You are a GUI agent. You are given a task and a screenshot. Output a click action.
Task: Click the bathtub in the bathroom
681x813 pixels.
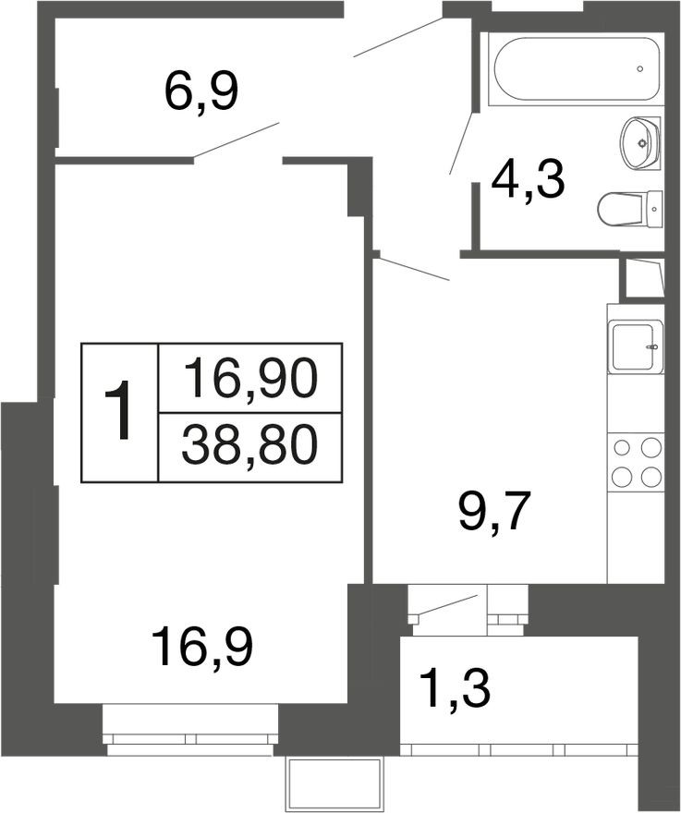pos(575,69)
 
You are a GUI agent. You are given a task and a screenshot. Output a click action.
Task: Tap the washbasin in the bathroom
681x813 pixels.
pos(639,143)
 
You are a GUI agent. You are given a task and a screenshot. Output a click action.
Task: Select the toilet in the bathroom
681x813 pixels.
pos(628,209)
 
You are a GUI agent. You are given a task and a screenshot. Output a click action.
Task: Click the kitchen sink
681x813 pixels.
pos(635,346)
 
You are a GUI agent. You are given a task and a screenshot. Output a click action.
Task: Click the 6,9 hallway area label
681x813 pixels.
pos(201,91)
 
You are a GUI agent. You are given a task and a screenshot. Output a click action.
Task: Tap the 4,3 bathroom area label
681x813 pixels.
pos(528,180)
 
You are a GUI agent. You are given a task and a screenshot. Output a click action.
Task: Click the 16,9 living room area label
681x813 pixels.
pos(203,646)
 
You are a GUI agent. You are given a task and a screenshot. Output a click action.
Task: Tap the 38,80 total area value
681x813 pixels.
pos(249,447)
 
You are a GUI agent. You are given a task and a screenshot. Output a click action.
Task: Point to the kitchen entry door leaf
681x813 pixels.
pos(412,268)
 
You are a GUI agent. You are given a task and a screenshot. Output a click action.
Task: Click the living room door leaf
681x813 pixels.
pos(236,140)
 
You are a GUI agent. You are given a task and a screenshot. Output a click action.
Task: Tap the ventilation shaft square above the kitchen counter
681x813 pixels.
pos(644,278)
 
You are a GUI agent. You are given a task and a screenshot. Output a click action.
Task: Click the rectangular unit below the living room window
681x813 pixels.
pos(334,783)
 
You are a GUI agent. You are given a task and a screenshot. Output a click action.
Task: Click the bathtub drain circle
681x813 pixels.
pos(640,69)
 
